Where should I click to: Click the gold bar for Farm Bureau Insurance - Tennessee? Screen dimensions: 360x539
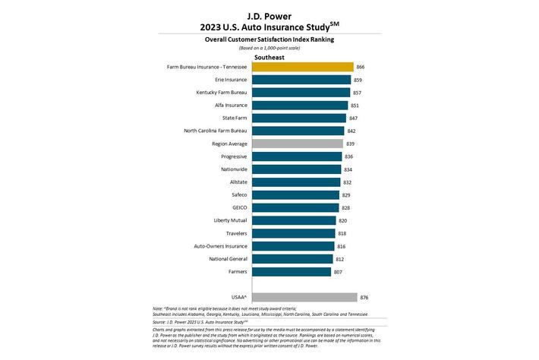(x=302, y=67)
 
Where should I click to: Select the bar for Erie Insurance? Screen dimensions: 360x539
(x=301, y=80)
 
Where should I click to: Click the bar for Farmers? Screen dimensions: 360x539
(x=291, y=272)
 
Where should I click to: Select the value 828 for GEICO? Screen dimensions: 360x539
(x=347, y=208)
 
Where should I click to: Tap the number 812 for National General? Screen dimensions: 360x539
(x=340, y=259)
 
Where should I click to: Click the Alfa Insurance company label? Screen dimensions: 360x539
(x=229, y=106)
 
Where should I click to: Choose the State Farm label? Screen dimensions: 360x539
(x=232, y=118)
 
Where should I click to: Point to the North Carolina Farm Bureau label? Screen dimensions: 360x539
(x=216, y=131)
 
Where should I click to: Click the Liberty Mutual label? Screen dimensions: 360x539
(x=230, y=220)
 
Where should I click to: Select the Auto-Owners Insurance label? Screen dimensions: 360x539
(x=220, y=246)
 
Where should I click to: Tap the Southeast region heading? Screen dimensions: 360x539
(x=269, y=55)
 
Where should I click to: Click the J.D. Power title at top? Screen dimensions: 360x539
(x=269, y=14)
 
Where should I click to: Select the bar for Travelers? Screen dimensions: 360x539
(x=293, y=233)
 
